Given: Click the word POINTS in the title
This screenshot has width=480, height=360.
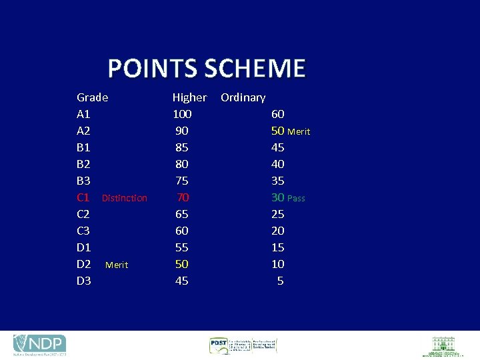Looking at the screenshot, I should (x=153, y=69).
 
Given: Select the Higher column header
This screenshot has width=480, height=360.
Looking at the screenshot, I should (x=189, y=97).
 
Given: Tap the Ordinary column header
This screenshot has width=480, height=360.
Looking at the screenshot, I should (x=243, y=97).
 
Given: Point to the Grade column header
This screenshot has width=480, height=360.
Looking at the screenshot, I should (x=92, y=97).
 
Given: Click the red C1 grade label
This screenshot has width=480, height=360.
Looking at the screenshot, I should (x=83, y=197).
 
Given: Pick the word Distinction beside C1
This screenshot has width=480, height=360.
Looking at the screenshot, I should (x=125, y=198).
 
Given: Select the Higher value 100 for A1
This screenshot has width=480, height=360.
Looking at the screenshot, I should (x=182, y=114).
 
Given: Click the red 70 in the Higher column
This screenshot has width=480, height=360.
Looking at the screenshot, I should (x=183, y=197).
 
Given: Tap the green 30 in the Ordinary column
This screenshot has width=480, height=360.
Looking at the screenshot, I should (x=277, y=197).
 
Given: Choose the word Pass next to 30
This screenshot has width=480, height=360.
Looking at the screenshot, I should (x=296, y=199).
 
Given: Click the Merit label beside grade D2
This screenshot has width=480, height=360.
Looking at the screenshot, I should (x=117, y=265).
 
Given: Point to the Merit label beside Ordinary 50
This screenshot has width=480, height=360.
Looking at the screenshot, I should (x=299, y=132).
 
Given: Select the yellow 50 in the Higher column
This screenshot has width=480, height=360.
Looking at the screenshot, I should (x=181, y=264).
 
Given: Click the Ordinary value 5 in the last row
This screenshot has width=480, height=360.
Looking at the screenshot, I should (x=280, y=281).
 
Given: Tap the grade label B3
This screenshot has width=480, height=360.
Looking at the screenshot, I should (x=84, y=181).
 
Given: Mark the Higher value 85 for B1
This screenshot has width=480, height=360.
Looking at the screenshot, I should (x=181, y=147).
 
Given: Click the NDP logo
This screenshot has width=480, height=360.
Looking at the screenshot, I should (x=39, y=345).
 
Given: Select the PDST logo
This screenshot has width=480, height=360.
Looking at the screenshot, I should (x=242, y=345).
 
